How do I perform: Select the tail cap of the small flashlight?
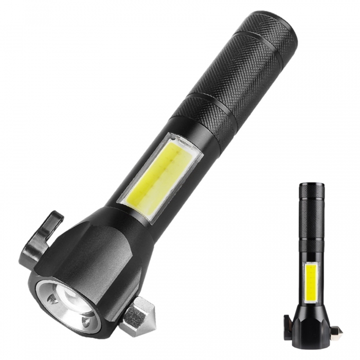click(312, 190)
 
